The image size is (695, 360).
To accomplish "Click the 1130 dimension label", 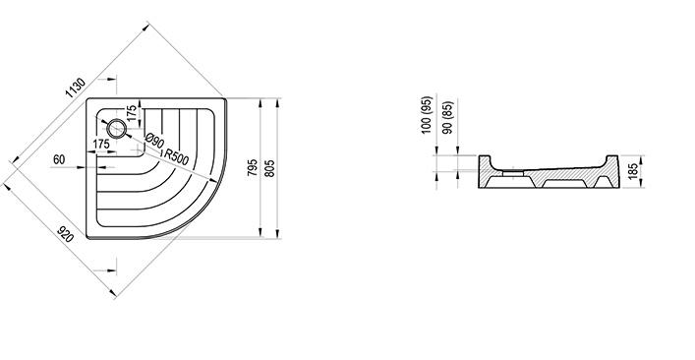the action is pyautogui.click(x=76, y=89).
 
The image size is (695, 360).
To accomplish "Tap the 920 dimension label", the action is pyautogui.click(x=65, y=234).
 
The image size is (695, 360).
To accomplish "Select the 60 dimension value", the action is pyautogui.click(x=59, y=159).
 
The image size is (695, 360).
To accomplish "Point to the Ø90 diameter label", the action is pyautogui.click(x=155, y=141).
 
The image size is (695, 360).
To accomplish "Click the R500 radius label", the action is pyautogui.click(x=176, y=156).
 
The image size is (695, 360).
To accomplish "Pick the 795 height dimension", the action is pyautogui.click(x=252, y=167).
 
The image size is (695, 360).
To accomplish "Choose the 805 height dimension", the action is pyautogui.click(x=269, y=168).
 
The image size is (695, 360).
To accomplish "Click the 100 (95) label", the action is pyautogui.click(x=427, y=115).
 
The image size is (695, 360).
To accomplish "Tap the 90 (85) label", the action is pyautogui.click(x=448, y=117).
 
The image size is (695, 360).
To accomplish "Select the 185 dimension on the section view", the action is pyautogui.click(x=633, y=171).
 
